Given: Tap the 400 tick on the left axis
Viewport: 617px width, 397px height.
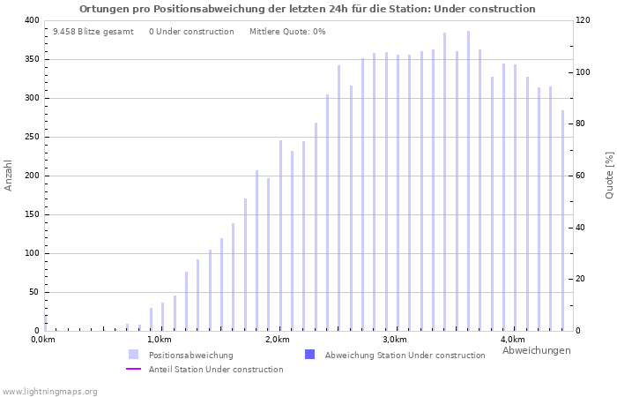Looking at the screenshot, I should coord(31,20).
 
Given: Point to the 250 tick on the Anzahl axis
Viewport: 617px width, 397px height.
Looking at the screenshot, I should coord(31,137).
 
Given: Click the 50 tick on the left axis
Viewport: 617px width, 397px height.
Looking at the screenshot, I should coord(33,292).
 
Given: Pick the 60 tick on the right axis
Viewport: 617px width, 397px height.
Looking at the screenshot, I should coord(582,176).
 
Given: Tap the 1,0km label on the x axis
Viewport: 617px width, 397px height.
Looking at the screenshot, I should coord(159,340).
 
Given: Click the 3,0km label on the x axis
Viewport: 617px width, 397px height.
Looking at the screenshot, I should coord(394,340).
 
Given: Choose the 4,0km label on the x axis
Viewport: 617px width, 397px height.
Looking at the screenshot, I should coord(512,340).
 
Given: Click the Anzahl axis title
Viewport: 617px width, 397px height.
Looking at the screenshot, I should coord(9,175).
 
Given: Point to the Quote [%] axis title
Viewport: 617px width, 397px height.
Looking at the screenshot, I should coord(609,175).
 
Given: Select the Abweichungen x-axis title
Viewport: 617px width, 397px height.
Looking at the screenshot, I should coord(536,350).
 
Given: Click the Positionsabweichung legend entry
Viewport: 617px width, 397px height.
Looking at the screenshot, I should coord(190,356).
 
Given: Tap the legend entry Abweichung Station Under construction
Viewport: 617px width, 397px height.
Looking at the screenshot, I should coord(405,356).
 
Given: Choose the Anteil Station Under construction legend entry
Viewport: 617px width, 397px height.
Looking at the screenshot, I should coord(216,370).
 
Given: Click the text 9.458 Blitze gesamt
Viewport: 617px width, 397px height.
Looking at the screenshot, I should coord(93,32).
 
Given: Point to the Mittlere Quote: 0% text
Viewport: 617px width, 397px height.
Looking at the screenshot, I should coord(287,32).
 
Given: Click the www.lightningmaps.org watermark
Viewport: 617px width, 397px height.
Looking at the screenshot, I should coord(50,392).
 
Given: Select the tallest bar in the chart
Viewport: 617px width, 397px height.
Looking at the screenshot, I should coord(468,181).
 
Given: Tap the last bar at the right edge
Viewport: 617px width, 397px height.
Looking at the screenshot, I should coord(562,221).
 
